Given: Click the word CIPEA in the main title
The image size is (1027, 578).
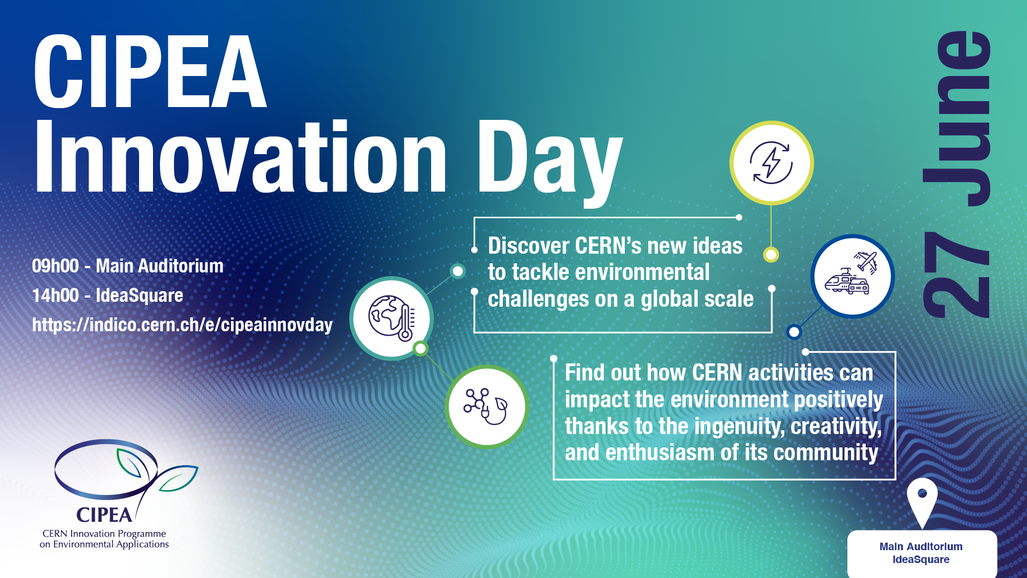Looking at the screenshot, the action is click(150, 72).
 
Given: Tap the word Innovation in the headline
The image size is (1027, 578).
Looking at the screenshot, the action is click(240, 156).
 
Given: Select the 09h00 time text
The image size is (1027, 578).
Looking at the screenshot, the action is click(56, 266).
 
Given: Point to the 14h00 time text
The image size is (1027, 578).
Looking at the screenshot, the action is click(56, 295).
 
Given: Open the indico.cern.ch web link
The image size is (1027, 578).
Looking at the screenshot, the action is click(182, 325).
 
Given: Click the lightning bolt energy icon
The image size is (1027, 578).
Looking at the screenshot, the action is click(771, 163).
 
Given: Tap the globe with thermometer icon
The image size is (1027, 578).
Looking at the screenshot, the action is click(392, 318).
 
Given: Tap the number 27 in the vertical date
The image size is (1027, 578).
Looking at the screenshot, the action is click(957, 275).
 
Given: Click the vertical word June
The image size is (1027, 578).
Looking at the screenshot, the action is click(958, 118).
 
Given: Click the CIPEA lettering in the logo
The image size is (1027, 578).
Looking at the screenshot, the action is click(104, 515).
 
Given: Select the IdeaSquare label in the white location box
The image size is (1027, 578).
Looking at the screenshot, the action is click(921, 560).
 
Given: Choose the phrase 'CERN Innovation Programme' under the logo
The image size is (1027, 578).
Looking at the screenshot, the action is click(104, 534).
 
